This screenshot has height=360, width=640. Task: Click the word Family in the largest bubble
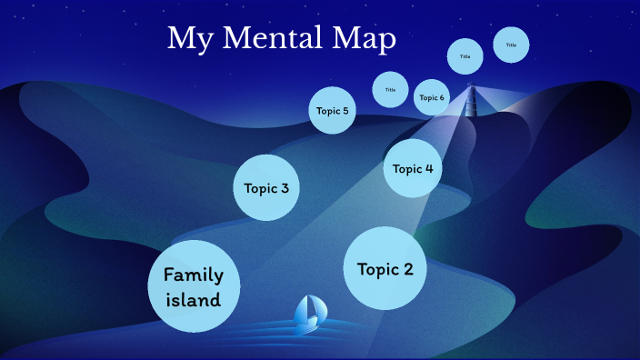[x=194, y=275]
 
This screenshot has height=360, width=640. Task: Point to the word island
[x=194, y=298]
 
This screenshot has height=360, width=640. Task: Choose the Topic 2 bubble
[x=385, y=269]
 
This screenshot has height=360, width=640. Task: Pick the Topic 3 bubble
[x=266, y=188]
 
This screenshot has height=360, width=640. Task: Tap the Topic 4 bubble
[x=413, y=168]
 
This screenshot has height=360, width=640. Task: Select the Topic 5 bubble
[x=332, y=111]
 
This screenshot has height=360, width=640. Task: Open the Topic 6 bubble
[x=431, y=97]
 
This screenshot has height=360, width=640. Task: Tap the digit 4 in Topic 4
[x=428, y=168]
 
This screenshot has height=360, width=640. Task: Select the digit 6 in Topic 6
[x=442, y=97]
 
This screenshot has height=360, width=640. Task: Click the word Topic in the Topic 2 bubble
[x=376, y=269]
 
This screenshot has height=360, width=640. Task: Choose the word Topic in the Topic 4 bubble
[x=407, y=168]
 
